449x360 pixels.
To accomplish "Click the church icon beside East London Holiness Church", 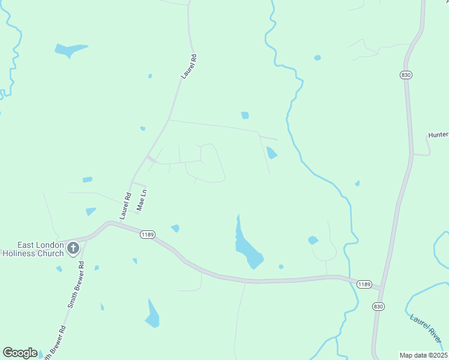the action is [x=73, y=248].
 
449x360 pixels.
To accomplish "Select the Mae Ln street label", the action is [x=142, y=200].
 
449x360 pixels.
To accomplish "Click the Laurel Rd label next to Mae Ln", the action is [x=126, y=205].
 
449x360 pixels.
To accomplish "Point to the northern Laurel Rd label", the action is [x=190, y=67].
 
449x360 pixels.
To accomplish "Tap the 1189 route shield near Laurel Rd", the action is [x=148, y=234].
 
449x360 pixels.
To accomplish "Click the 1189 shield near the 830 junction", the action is [x=363, y=284].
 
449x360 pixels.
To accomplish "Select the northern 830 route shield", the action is [x=406, y=74].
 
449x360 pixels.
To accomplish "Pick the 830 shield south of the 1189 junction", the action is [x=378, y=306].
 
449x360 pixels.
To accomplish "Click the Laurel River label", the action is [x=427, y=329].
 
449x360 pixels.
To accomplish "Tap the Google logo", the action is [x=20, y=353].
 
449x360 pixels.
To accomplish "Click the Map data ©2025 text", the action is [x=424, y=355].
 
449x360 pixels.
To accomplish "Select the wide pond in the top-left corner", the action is [x=71, y=49].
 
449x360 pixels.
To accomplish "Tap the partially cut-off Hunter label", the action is [x=438, y=135].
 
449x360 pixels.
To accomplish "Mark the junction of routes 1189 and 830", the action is [x=381, y=289].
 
